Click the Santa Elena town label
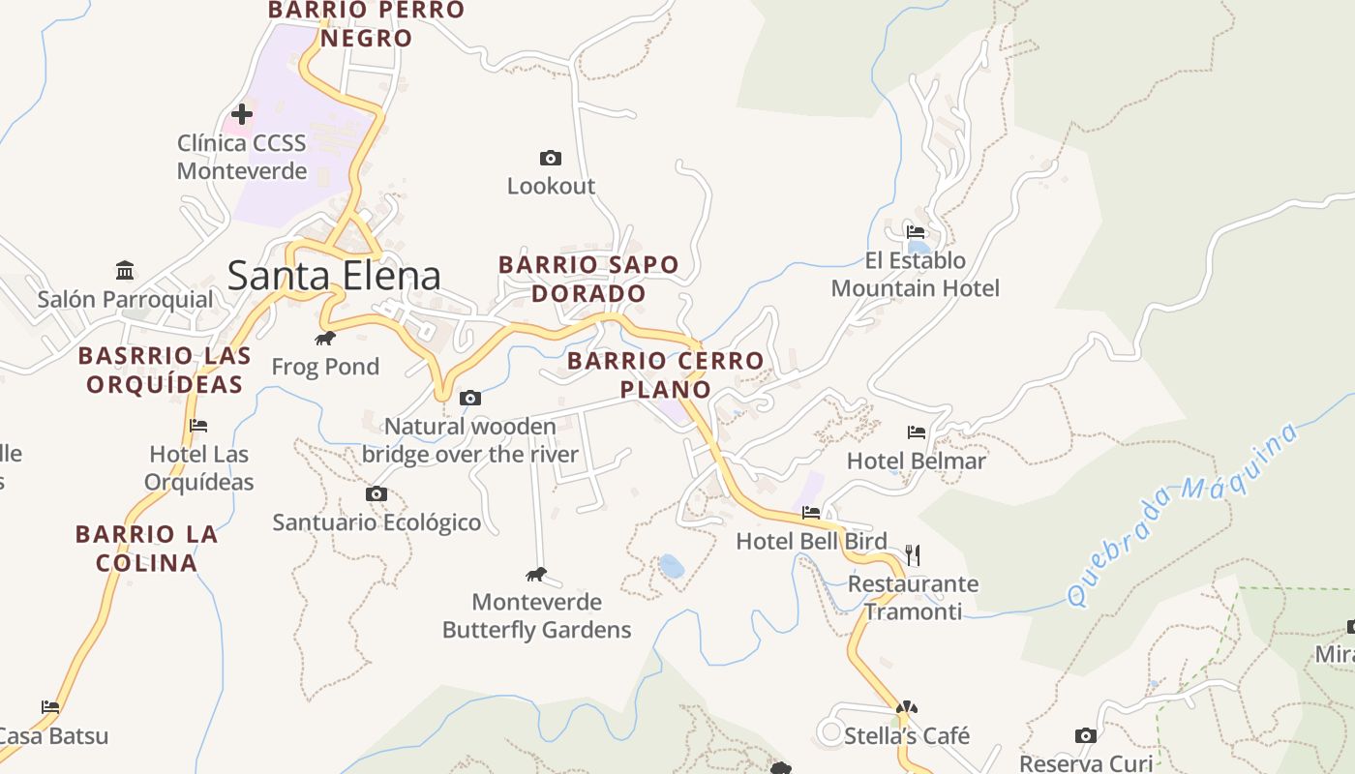pos(334,276)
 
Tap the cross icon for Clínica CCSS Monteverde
pos(241,114)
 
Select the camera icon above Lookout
pos(550,158)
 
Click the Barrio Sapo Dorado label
pos(588,279)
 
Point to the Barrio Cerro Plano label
pos(665,375)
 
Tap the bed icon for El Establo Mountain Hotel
pos(916,232)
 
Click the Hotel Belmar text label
pos(916,461)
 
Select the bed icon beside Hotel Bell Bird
pos(811,512)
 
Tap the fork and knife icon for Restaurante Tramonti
pos(912,554)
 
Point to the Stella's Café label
pos(906,735)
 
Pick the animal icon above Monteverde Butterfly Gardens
pos(536,575)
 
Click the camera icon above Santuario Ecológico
pos(376,494)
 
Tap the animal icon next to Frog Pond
pos(325,338)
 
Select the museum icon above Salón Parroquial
pos(125,269)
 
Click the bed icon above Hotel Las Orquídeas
pos(198,425)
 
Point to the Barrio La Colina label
pos(147,548)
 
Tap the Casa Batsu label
pos(53,735)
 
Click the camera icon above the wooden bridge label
pos(470,398)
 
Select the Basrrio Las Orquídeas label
pos(165,370)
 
